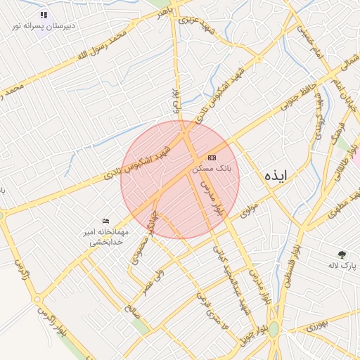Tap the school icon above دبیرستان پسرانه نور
[44, 14]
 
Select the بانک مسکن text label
[212, 169]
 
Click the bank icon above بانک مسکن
[212, 157]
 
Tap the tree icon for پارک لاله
[342, 255]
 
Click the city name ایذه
[276, 176]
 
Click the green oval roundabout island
[274, 329]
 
